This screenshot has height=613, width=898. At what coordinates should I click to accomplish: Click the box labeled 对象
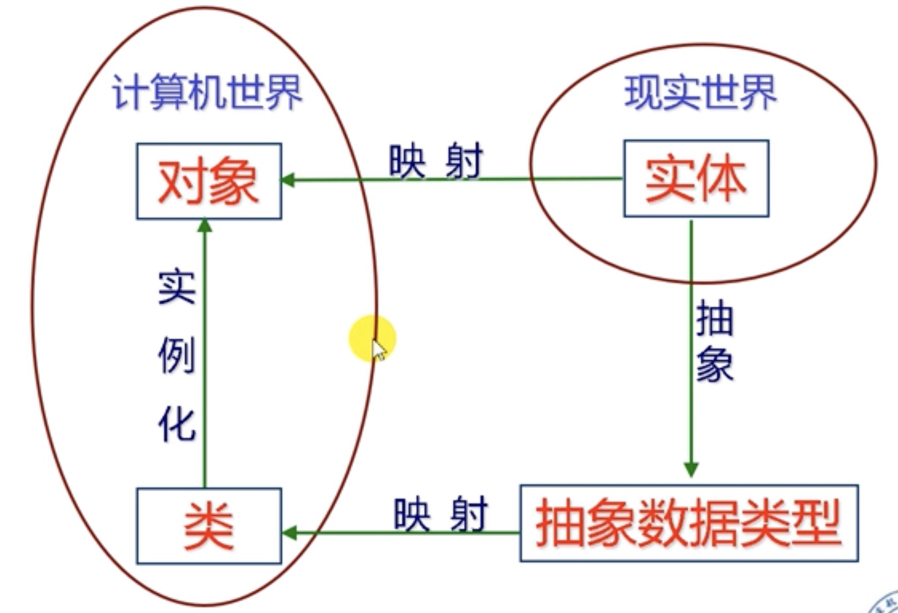(x=209, y=181)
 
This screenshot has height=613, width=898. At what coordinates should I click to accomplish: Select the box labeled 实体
(x=696, y=179)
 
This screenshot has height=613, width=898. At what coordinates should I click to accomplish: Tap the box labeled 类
(x=209, y=526)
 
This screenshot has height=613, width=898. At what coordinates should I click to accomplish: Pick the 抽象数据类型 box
(x=688, y=523)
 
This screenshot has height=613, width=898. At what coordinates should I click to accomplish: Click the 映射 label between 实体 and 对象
(x=436, y=161)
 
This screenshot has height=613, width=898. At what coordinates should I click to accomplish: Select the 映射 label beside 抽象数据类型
(x=440, y=514)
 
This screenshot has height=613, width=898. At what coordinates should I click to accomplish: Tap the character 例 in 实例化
(x=177, y=355)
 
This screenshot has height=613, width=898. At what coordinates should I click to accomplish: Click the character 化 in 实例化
(x=177, y=425)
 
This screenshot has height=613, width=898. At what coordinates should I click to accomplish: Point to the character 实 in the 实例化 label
(x=177, y=287)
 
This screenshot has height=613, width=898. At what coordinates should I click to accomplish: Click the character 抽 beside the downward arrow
(x=715, y=318)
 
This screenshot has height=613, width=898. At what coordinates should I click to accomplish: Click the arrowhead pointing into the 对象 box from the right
(x=288, y=180)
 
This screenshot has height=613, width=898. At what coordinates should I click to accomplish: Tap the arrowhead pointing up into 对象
(x=205, y=226)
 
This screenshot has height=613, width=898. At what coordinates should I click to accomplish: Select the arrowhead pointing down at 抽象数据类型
(x=691, y=469)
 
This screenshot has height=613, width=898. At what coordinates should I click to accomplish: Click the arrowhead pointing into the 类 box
(x=289, y=532)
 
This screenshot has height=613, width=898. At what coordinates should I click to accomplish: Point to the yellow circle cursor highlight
(x=372, y=337)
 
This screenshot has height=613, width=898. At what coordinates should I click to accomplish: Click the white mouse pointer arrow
(x=379, y=351)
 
